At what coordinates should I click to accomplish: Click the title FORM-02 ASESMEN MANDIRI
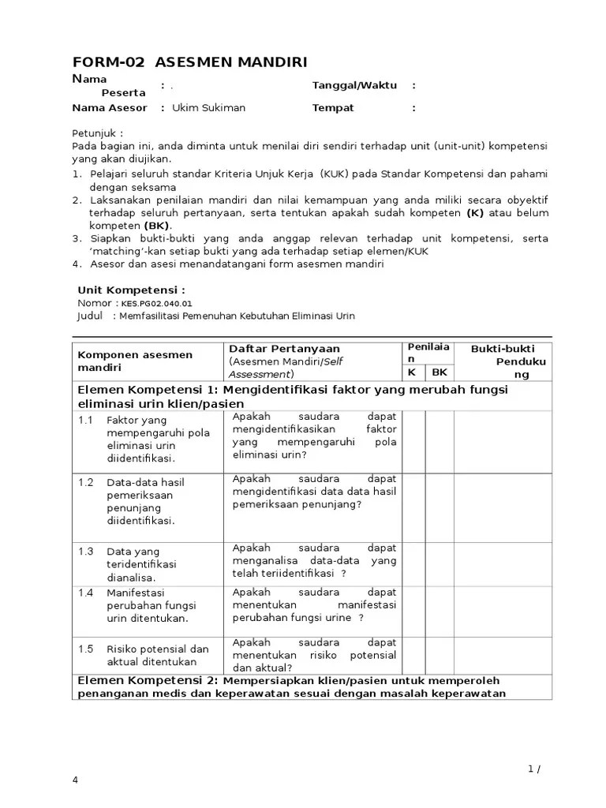click(189, 62)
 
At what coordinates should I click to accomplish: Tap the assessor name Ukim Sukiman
click(209, 108)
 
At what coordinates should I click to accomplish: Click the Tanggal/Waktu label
click(354, 85)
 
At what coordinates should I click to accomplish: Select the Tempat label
click(333, 108)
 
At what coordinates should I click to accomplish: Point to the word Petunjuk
click(98, 133)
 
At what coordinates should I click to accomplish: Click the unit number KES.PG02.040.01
click(156, 303)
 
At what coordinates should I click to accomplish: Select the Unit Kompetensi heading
click(131, 290)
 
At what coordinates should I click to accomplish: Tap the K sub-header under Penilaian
click(412, 372)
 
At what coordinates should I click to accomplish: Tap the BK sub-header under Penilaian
click(440, 372)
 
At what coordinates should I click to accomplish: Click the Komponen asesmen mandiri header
click(135, 361)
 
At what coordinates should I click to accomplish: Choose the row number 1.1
click(85, 420)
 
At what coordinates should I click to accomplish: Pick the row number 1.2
click(85, 482)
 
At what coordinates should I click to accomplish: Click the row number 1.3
click(85, 551)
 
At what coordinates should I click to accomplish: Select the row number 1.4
click(85, 592)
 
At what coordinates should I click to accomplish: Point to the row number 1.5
click(85, 649)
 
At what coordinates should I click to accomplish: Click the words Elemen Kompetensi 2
click(145, 680)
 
